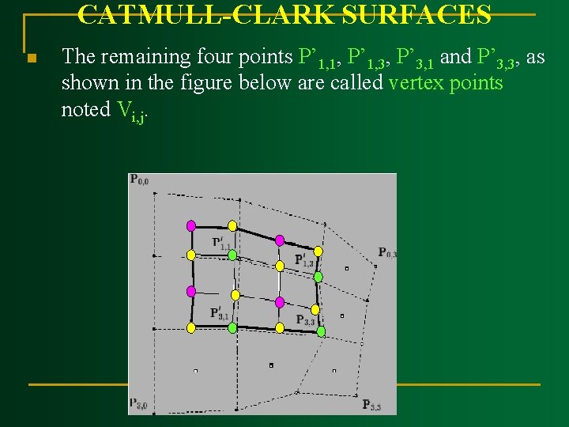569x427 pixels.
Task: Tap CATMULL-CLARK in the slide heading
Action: [208, 14]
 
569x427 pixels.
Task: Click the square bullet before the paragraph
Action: [31, 59]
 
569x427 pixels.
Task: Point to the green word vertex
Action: [416, 83]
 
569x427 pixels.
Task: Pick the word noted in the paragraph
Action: [85, 109]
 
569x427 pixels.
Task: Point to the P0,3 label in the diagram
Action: [386, 253]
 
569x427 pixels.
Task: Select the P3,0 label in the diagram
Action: [138, 405]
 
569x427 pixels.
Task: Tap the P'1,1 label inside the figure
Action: [221, 244]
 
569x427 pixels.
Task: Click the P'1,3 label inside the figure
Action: [304, 259]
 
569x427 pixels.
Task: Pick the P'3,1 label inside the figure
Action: [220, 313]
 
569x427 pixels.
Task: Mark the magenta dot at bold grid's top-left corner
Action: [190, 225]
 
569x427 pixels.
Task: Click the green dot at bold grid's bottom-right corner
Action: [321, 331]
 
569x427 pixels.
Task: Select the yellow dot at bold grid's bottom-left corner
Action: [190, 327]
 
